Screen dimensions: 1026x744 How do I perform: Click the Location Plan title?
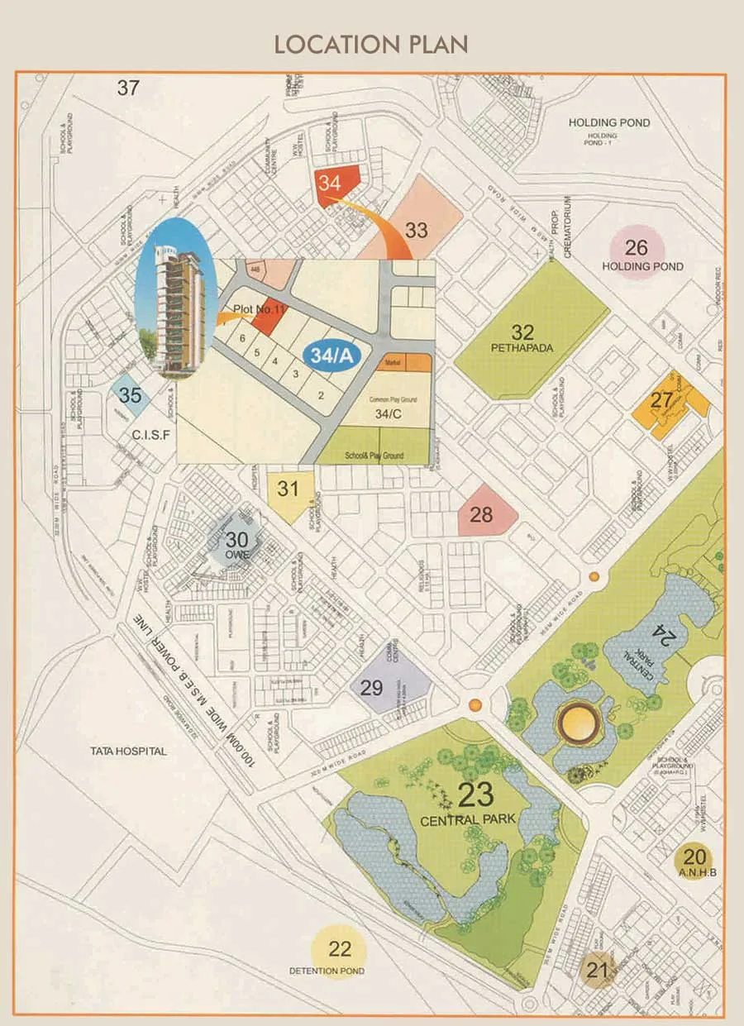371,44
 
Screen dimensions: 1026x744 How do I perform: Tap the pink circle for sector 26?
636,251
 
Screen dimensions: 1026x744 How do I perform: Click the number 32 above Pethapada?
522,332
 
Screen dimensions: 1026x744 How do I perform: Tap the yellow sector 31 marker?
289,491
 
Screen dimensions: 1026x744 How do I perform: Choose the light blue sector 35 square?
131,395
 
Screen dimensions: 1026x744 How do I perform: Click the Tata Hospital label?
129,751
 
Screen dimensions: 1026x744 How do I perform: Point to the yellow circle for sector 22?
340,951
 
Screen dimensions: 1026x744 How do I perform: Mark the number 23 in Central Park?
476,795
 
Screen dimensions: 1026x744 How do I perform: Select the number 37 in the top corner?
128,88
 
